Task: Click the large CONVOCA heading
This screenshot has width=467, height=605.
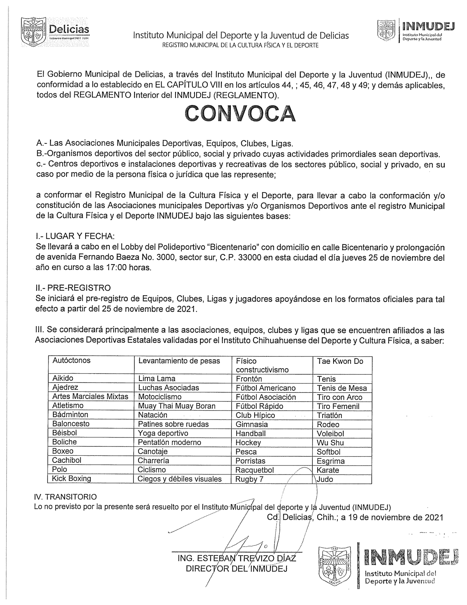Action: point(240,113)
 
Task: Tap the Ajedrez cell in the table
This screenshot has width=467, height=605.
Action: point(65,388)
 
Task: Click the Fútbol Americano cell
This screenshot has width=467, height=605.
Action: point(266,388)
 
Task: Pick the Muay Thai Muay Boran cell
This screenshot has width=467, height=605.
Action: point(177,406)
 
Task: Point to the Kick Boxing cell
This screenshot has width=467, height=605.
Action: point(72,478)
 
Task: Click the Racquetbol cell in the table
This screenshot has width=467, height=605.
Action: point(255,470)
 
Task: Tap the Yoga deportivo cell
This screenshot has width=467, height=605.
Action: point(163,433)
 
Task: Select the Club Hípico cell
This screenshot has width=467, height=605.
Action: point(255,415)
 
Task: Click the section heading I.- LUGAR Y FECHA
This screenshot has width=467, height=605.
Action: point(75,236)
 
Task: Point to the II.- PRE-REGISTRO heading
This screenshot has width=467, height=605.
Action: point(73,288)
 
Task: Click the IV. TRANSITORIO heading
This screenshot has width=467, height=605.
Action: point(65,497)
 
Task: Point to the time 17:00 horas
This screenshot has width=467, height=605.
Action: point(128,268)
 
